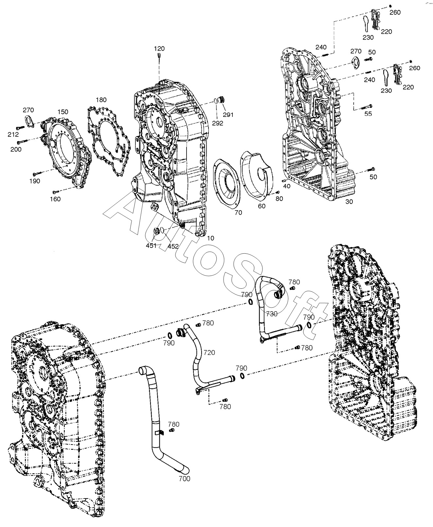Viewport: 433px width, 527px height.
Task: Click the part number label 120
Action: click(x=159, y=48)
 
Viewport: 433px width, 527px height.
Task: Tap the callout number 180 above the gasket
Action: click(x=101, y=100)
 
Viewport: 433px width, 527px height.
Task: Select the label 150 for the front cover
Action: click(x=63, y=112)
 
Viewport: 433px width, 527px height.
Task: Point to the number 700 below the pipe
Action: click(x=185, y=479)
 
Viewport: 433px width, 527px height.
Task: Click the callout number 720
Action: click(x=209, y=352)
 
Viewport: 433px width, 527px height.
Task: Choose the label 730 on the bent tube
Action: click(x=272, y=314)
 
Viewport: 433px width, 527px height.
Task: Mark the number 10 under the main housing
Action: click(x=211, y=238)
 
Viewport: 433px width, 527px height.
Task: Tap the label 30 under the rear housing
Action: click(x=349, y=202)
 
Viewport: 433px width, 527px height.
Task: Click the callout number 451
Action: click(x=151, y=245)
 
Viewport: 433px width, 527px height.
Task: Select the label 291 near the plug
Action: click(x=228, y=115)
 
